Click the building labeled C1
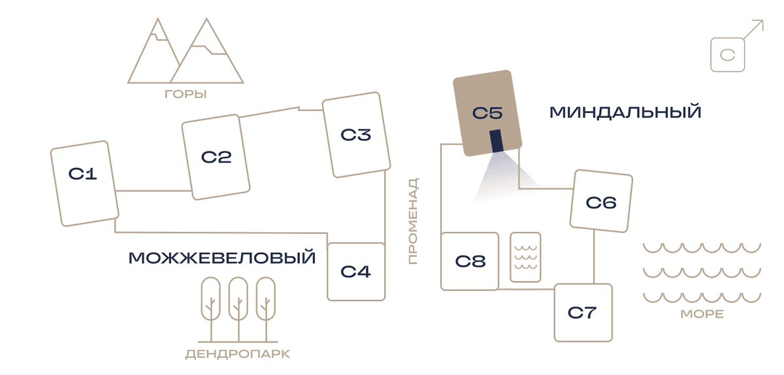pos(85,184)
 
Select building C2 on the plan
pos(216,157)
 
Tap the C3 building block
pos(356,135)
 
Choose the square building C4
pos(356,272)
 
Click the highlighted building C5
pos(487,113)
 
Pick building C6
pos(601,201)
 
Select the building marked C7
pos(583,313)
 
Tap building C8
pos(470,261)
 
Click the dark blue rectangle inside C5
pos(497,140)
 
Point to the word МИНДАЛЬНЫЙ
pos(625,112)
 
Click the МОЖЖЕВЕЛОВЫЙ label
pos(222,258)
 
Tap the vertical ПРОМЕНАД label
pos(414,221)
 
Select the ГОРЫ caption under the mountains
pos(186,94)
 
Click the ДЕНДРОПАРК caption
pos(238,354)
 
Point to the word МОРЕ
pos(702,314)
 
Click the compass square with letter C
pos(728,55)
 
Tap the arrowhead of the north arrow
pos(759,24)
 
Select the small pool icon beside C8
pos(525,257)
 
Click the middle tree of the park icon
pos(238,309)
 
